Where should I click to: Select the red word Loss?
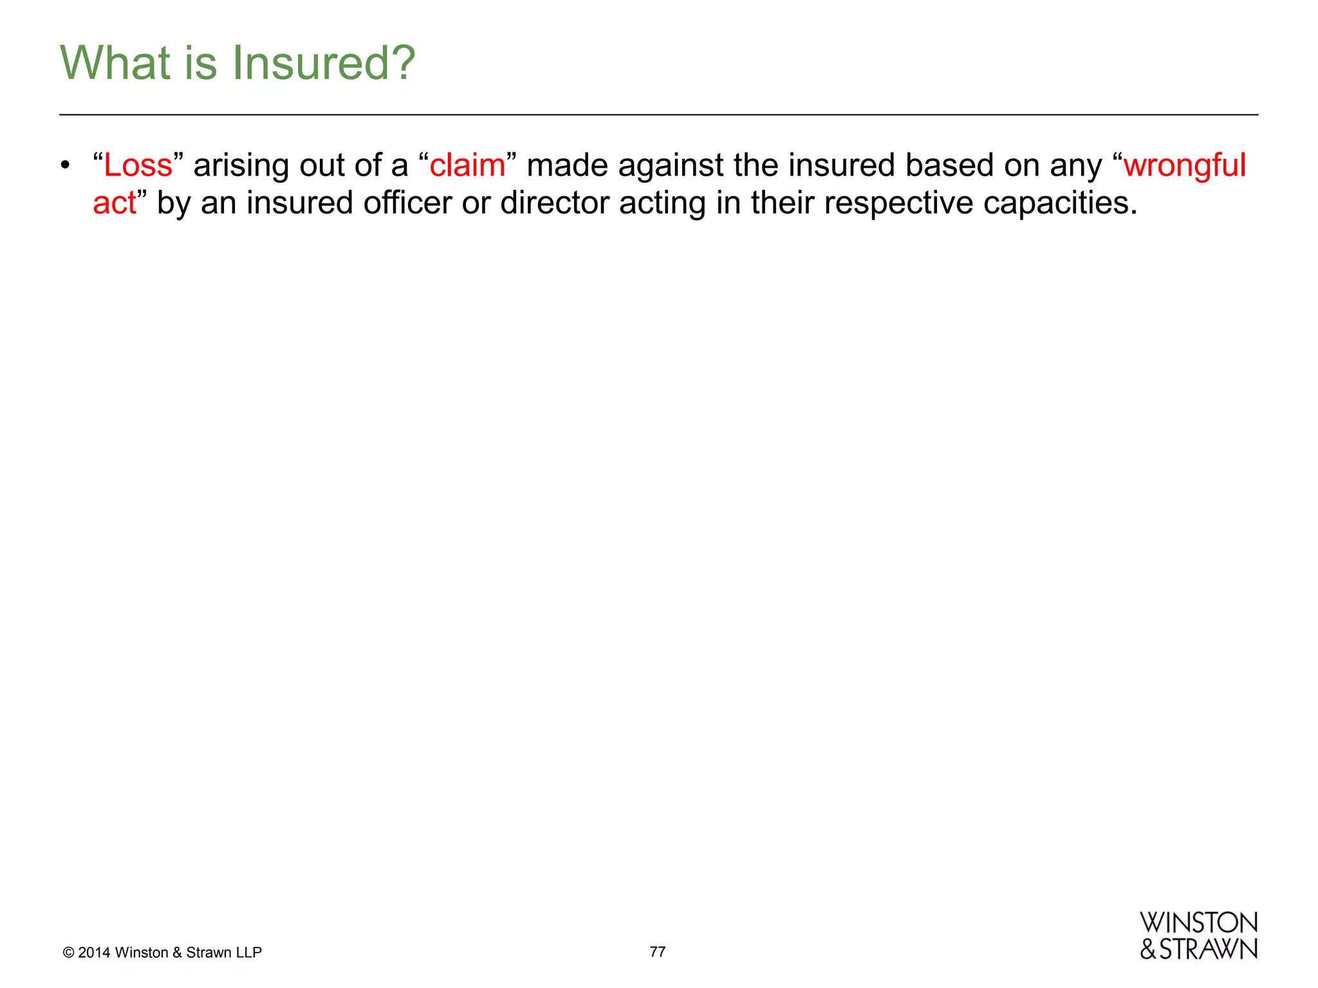[x=138, y=165]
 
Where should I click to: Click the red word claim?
[x=468, y=165]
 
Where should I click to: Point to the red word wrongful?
[x=1185, y=165]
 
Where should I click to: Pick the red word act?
[x=115, y=203]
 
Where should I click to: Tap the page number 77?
[x=658, y=951]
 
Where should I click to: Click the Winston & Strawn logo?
[x=1198, y=936]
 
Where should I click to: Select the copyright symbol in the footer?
[x=68, y=953]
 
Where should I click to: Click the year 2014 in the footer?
[x=94, y=953]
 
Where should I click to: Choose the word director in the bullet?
[x=555, y=203]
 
